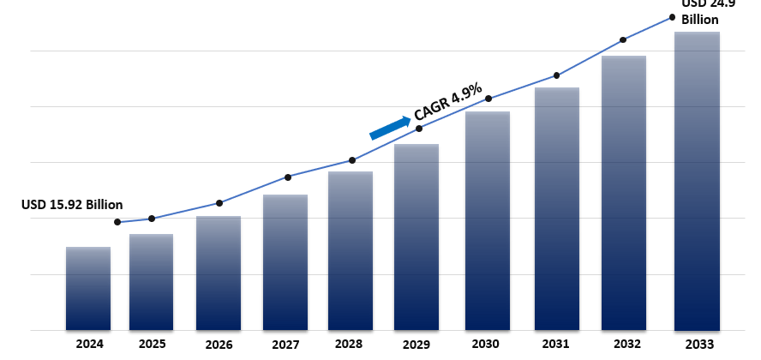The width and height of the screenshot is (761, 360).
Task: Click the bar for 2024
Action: (88, 289)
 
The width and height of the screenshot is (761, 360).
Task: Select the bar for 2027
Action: (285, 262)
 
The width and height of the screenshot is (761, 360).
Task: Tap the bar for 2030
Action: (488, 221)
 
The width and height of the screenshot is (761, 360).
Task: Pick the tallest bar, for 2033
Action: (697, 181)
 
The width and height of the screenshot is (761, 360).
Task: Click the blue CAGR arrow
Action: (390, 127)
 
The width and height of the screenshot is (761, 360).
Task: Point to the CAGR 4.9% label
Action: (448, 102)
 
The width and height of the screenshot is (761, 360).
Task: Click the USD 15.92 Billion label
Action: (72, 205)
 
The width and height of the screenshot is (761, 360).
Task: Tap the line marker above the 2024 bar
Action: (117, 223)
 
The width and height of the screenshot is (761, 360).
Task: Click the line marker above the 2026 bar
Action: (219, 203)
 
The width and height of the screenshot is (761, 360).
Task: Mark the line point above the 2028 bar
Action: (352, 160)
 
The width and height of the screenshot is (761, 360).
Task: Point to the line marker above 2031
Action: (557, 75)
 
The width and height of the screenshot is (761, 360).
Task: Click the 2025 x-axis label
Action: (152, 345)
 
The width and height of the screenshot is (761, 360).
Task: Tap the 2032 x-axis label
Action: (626, 345)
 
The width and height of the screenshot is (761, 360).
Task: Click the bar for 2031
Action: (557, 209)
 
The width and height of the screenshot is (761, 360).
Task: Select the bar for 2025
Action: (152, 282)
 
